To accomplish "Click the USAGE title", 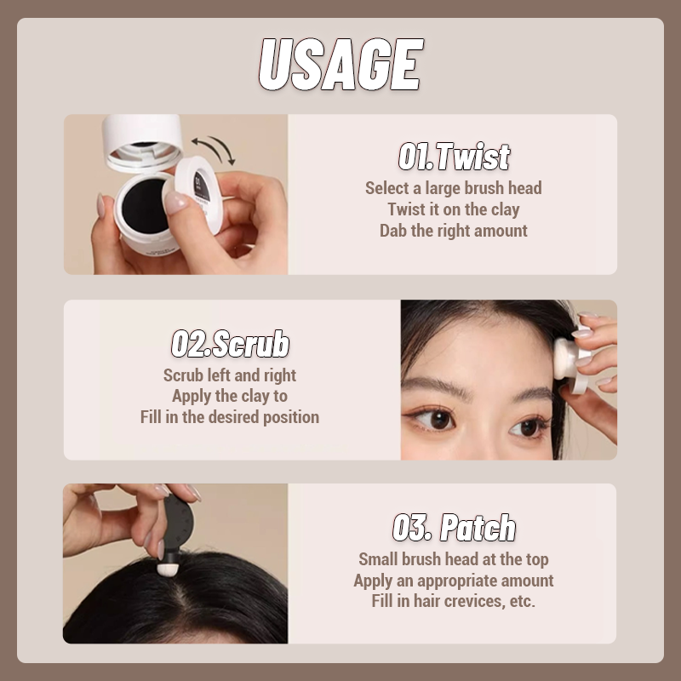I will click(340, 65).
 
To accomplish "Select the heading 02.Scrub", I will click(230, 344).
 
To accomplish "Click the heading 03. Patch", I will click(454, 528).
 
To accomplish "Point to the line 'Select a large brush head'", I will click(454, 188).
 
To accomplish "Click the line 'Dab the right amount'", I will click(454, 231).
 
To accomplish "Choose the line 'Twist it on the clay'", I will click(454, 209).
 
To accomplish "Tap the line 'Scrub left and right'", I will click(230, 375).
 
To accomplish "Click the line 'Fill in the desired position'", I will click(230, 417).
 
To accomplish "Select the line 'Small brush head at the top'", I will click(454, 559).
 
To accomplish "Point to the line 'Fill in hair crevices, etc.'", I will click(454, 601).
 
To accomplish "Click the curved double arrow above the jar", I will click(212, 147).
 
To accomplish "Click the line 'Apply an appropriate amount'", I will click(454, 581).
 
